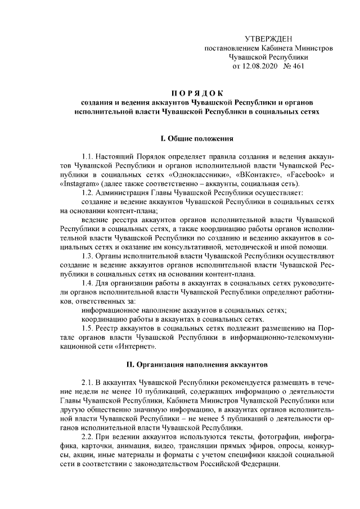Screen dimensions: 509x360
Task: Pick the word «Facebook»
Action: (305, 175)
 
